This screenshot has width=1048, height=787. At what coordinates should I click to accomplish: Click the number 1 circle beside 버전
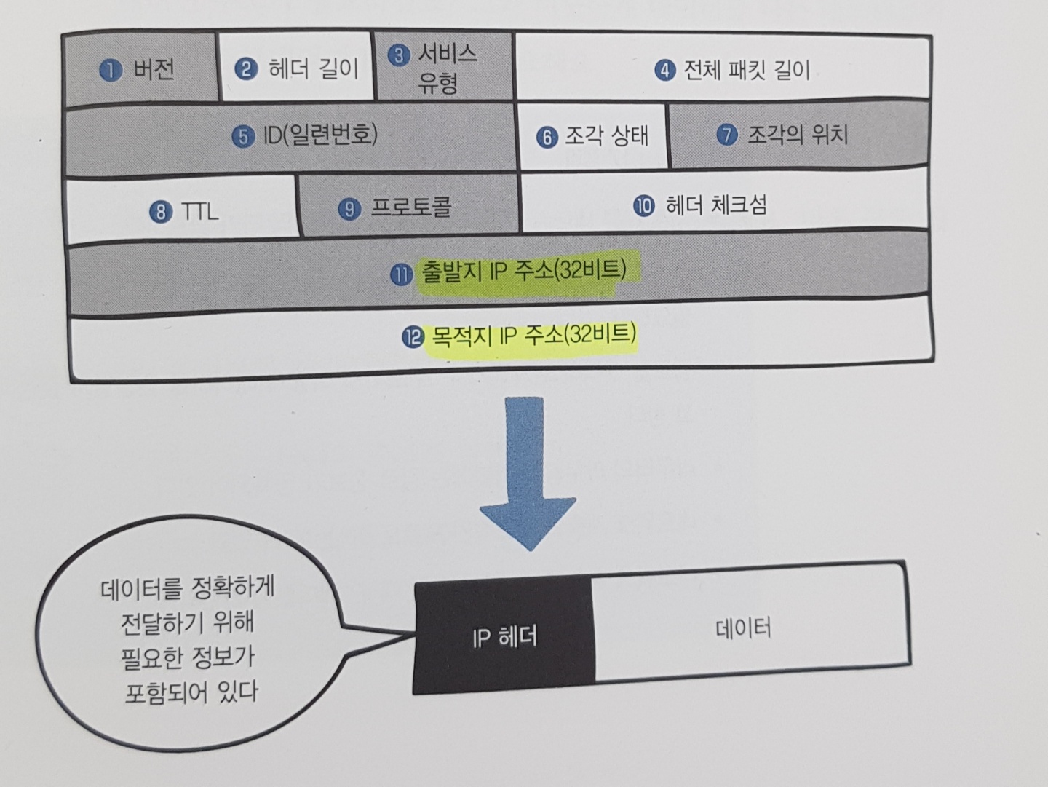pyautogui.click(x=111, y=70)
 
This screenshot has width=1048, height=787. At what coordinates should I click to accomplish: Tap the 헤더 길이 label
pyautogui.click(x=314, y=69)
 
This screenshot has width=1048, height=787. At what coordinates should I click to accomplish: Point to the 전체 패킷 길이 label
pyautogui.click(x=746, y=70)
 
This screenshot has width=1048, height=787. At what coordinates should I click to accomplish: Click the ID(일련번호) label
pyautogui.click(x=320, y=135)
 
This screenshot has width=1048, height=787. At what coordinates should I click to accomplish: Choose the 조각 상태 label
pyautogui.click(x=606, y=136)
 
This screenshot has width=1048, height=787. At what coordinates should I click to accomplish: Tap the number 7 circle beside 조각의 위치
pyautogui.click(x=726, y=135)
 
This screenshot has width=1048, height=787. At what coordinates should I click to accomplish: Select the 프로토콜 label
pyautogui.click(x=411, y=208)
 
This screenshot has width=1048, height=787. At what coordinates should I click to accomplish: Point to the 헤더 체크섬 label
pyautogui.click(x=715, y=206)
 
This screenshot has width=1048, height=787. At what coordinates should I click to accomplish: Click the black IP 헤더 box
pyautogui.click(x=504, y=637)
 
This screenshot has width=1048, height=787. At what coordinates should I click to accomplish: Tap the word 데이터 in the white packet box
pyautogui.click(x=742, y=628)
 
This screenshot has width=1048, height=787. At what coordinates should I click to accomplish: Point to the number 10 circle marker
pyautogui.click(x=643, y=207)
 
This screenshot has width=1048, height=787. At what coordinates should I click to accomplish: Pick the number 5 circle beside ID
pyautogui.click(x=243, y=137)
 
